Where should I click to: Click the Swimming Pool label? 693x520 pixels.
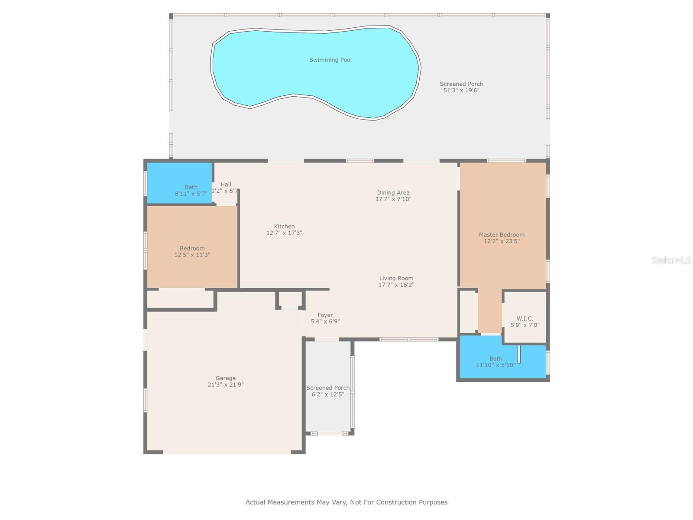(330, 60)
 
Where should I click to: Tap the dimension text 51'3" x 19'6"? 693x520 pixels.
(461, 91)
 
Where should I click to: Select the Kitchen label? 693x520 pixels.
(284, 226)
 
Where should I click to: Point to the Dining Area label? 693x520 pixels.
(393, 193)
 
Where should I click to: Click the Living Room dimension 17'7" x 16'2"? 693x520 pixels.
(396, 285)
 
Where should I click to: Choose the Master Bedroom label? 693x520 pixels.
(502, 235)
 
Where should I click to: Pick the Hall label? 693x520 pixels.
(226, 185)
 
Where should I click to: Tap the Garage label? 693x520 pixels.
(225, 378)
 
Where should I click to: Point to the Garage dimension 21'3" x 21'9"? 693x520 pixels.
(225, 384)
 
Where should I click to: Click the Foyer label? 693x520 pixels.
(325, 315)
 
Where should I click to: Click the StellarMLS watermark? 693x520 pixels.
(671, 260)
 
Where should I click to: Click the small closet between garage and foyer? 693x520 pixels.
(290, 299)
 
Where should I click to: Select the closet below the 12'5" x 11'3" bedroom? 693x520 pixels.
(181, 299)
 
